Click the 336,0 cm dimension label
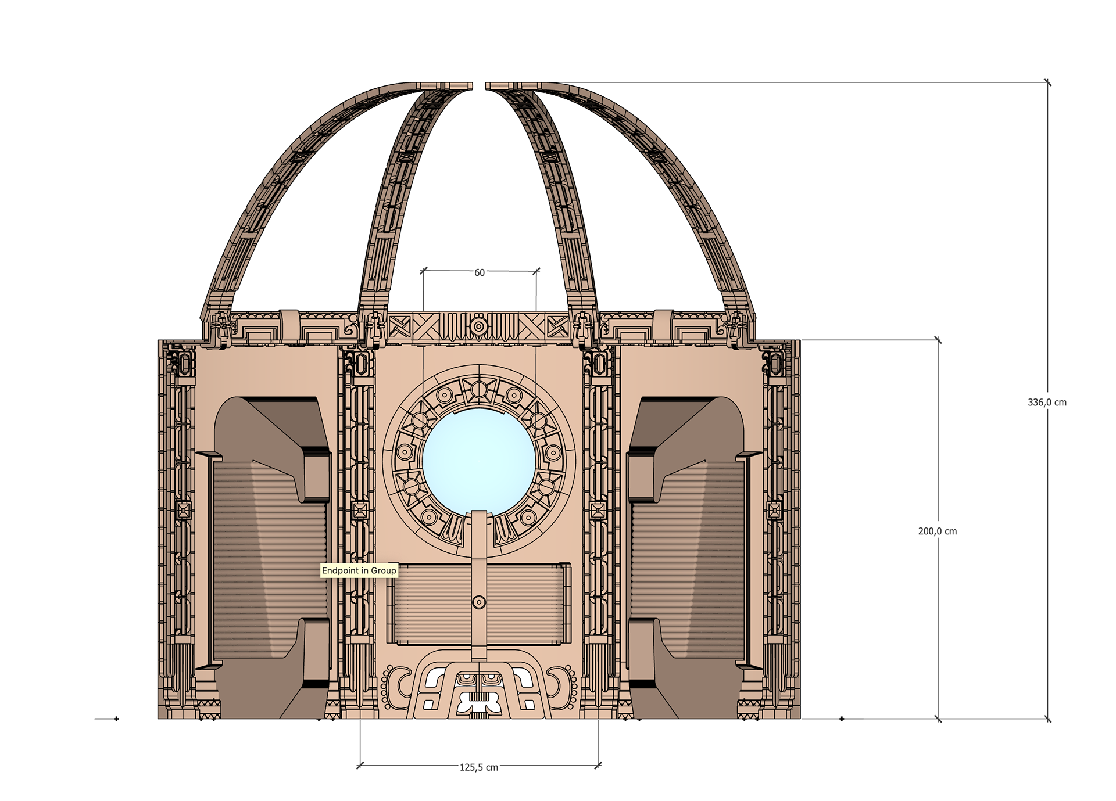(x=1047, y=403)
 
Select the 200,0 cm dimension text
(x=937, y=531)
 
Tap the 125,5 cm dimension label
(x=479, y=767)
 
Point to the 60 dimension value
(x=480, y=272)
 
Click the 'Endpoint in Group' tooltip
(x=359, y=570)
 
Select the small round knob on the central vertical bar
(x=479, y=602)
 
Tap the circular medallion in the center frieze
(x=479, y=326)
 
